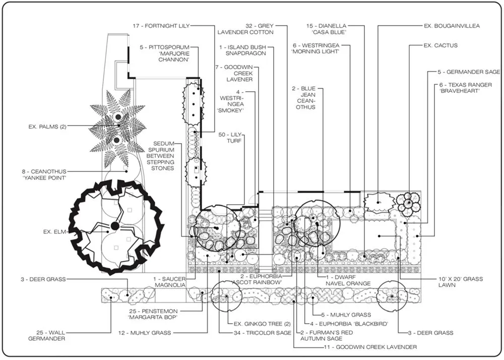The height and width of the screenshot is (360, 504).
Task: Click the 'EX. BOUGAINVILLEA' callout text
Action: click(451, 25)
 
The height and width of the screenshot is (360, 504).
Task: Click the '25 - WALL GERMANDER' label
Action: click(46, 335)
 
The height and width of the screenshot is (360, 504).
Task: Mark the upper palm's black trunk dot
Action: click(117, 117)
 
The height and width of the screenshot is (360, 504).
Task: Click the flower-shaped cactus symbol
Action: click(407, 203)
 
